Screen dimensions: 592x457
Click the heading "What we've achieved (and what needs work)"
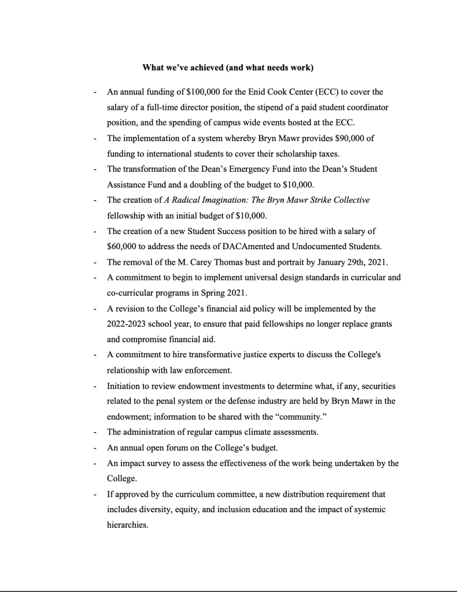[228, 68]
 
